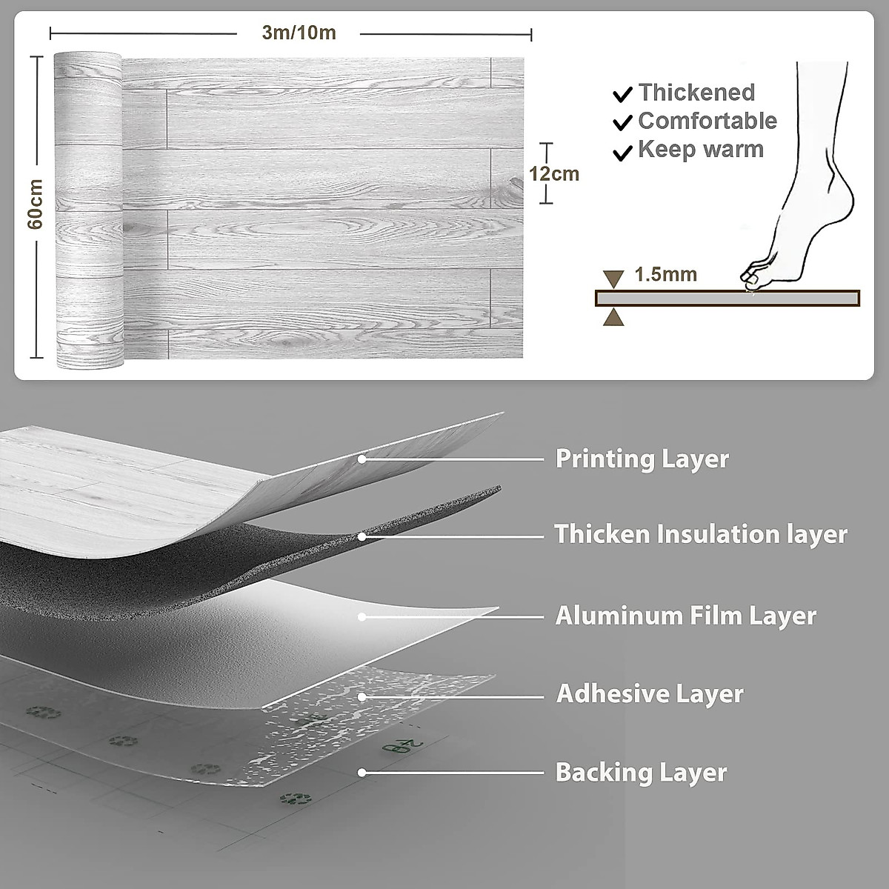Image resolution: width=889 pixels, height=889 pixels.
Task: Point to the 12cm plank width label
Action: point(553,174)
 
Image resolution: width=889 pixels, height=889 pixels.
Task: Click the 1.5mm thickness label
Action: point(666,275)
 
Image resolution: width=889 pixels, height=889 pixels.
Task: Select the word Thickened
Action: point(696,93)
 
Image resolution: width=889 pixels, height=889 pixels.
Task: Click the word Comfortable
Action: point(707,121)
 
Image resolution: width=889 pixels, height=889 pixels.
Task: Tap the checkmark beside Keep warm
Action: point(623,153)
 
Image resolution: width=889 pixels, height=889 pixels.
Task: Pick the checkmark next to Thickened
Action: point(623,94)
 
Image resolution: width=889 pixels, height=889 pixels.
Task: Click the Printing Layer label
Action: point(642,459)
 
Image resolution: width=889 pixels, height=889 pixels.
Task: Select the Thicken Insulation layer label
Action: point(701,534)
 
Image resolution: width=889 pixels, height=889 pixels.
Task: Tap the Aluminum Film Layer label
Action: point(685,616)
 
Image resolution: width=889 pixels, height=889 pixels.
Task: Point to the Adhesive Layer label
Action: point(650,694)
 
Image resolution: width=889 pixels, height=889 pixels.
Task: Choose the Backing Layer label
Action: point(641,773)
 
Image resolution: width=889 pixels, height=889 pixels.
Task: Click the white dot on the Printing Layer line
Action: point(362,459)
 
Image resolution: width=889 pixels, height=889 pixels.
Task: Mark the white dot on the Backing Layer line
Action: point(363,773)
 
